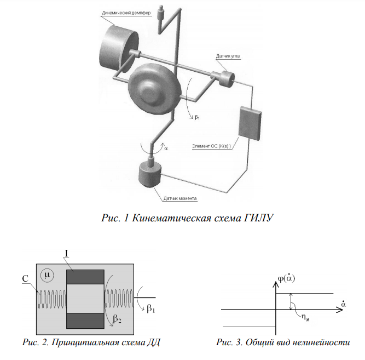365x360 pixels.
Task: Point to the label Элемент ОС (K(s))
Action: point(212,146)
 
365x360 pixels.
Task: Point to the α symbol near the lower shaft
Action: point(166,148)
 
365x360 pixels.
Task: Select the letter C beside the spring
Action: point(26,278)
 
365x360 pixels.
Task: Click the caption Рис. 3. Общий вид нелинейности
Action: point(282,343)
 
